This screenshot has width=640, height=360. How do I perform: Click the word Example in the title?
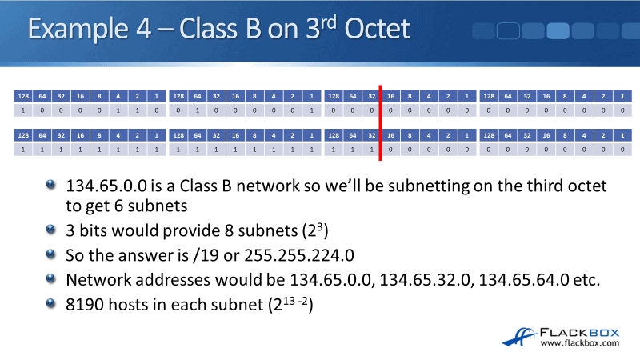pos(78,30)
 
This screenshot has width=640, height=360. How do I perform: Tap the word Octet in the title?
pos(377,29)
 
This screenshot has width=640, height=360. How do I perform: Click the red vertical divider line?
pos(381,123)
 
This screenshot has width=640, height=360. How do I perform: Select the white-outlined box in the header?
pos(508,31)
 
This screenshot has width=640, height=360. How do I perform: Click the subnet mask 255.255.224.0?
pos(299,255)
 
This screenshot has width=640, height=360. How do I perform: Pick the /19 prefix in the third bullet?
pos(206,255)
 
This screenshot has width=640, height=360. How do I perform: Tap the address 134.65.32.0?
pos(425,280)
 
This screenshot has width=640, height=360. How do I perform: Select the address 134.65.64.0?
pos(524,280)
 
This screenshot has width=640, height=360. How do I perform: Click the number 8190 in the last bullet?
pos(85,305)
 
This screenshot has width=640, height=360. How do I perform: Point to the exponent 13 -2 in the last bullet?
pos(295,302)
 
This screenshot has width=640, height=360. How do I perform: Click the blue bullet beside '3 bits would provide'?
pos(50,229)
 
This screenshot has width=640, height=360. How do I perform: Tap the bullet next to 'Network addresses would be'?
pos(50,278)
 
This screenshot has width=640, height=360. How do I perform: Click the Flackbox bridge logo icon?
pos(518,337)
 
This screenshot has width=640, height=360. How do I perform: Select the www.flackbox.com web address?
pos(579,343)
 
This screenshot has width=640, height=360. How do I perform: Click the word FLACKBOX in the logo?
pos(579,333)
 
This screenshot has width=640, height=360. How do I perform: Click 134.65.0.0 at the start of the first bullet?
pos(106,186)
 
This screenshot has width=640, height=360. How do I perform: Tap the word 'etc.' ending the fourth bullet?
pos(586,280)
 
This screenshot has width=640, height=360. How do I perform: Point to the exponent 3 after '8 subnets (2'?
pos(320,226)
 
